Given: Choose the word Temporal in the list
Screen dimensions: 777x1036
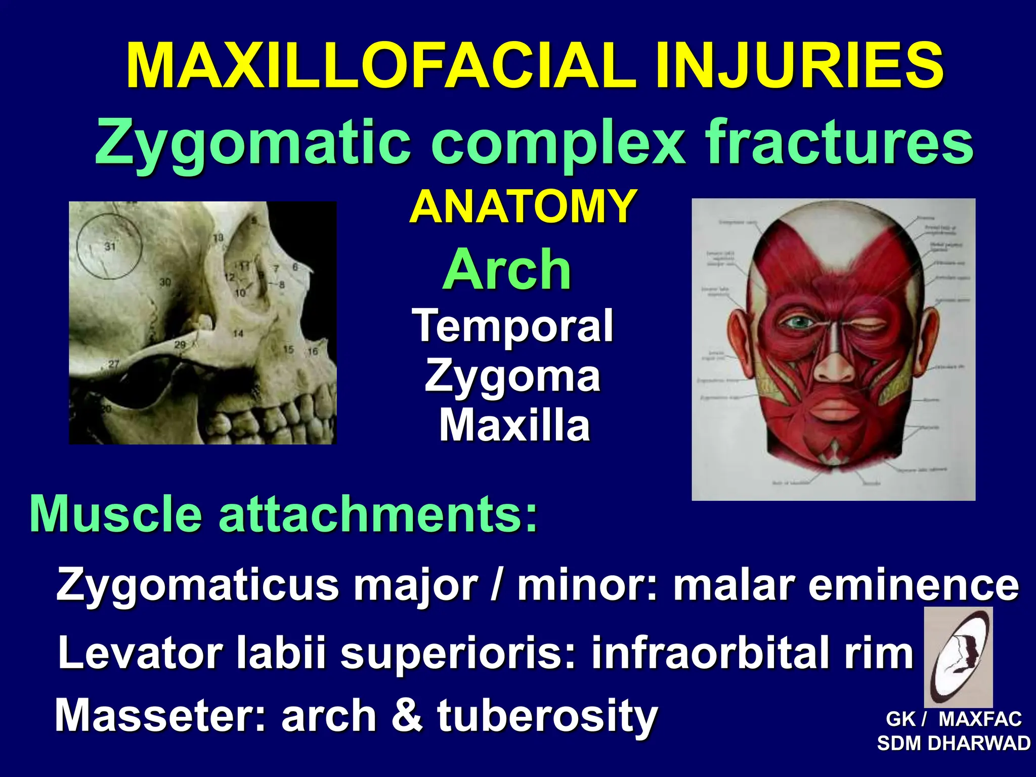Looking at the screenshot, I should coord(512,326).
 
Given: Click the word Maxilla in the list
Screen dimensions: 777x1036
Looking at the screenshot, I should coord(514,425).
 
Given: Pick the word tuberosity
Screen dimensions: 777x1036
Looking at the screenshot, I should coord(547,715).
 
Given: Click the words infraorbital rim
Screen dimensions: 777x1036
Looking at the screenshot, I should coord(752,653).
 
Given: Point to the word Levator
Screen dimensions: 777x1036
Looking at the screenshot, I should coord(139,653).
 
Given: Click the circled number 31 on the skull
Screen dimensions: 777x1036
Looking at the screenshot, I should coord(110,246).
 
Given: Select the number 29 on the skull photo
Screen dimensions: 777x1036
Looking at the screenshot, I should coord(180,345).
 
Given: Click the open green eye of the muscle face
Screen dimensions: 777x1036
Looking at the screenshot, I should coord(797,322).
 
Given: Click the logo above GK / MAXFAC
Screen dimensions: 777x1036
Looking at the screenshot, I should coord(958,657).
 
